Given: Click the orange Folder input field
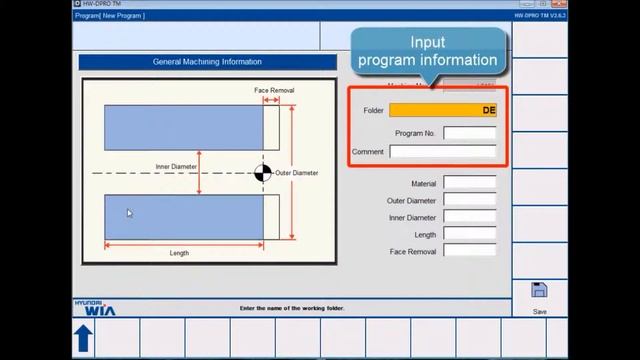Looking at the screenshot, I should tap(443, 110).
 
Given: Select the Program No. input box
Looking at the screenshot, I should tap(469, 132).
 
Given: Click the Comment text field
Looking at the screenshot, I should tap(442, 152).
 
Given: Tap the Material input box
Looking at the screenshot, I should tap(469, 183).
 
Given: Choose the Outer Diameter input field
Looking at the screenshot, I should tap(469, 200).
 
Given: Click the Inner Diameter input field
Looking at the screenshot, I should tap(469, 217).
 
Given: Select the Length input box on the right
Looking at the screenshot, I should tap(469, 234).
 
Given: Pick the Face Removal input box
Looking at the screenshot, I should tap(469, 251).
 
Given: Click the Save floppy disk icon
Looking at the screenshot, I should tap(539, 291).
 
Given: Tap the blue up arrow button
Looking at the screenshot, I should tap(83, 339).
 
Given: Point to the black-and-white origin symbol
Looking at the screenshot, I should tap(263, 173).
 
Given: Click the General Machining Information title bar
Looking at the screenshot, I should tap(207, 62).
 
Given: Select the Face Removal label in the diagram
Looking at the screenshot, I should tap(274, 90).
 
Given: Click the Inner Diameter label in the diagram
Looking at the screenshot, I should tap(176, 166).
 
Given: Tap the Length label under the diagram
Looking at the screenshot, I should tap(179, 253).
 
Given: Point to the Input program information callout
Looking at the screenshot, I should tap(428, 52).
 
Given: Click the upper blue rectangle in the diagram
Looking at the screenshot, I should tap(184, 127).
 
